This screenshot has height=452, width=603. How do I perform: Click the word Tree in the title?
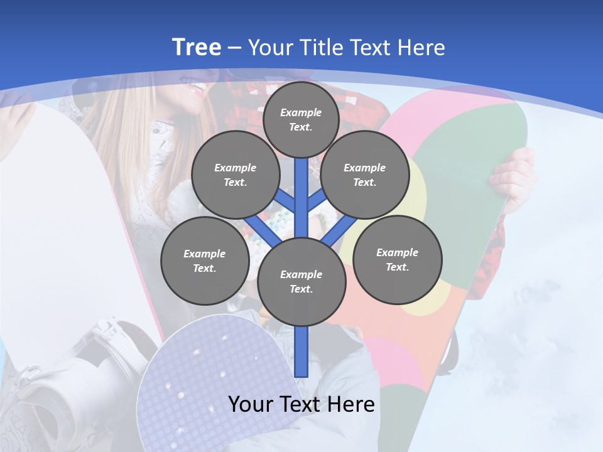197,47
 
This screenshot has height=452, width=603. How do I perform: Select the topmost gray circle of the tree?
301,120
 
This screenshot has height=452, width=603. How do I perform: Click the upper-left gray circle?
235,175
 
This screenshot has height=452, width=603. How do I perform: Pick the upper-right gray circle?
364,175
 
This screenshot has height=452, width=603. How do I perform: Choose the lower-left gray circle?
205,261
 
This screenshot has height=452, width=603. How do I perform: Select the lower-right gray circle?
397,259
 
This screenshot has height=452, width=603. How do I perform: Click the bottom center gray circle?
301,282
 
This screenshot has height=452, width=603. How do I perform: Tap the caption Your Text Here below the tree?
301,404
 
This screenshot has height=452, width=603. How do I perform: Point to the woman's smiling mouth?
197,89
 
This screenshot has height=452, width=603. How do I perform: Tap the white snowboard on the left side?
57,207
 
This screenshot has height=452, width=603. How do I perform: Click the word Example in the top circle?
301,113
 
